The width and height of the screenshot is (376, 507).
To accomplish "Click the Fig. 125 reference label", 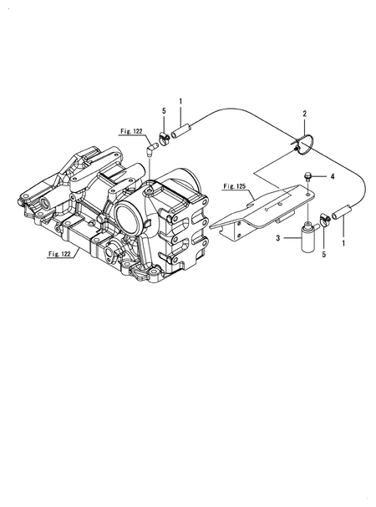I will click(236, 188).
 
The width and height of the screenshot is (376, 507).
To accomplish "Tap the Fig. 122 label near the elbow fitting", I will click(132, 132).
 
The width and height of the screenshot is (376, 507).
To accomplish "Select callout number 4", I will click(332, 177).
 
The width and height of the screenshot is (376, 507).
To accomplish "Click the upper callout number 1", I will click(180, 102).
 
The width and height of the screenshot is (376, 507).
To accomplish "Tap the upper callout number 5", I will click(164, 111).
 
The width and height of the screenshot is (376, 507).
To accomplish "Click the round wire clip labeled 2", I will click(302, 145).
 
